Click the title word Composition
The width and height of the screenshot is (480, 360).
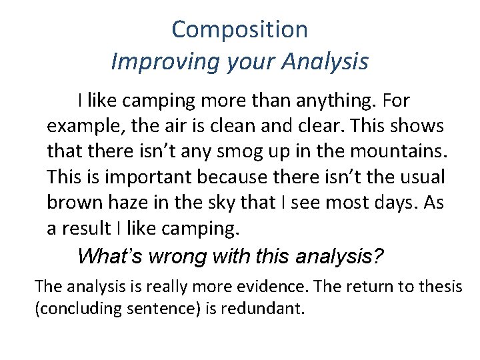tap(239, 29)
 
